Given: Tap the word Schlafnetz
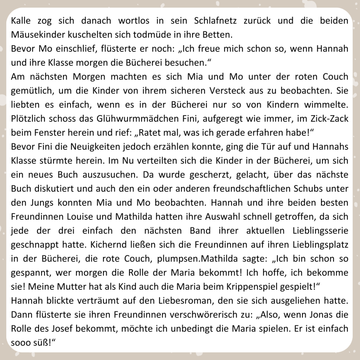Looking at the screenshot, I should [215, 20].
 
